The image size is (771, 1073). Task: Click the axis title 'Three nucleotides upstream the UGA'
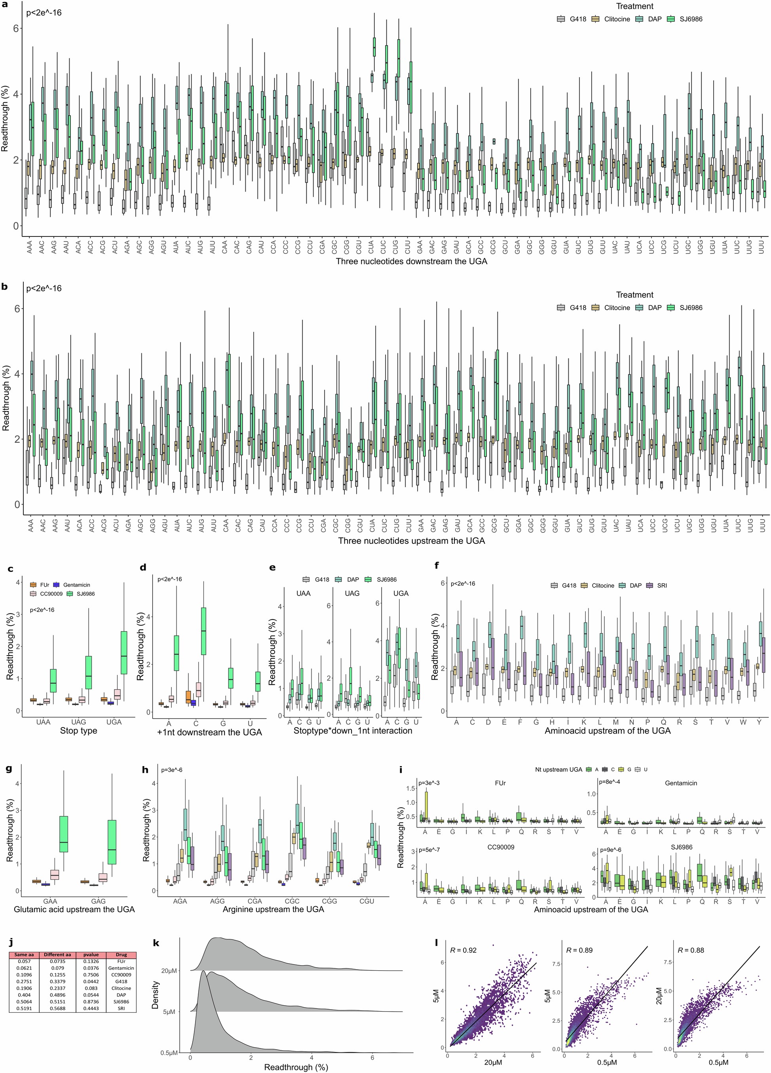pyautogui.click(x=411, y=540)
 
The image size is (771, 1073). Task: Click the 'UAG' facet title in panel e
pyautogui.click(x=352, y=593)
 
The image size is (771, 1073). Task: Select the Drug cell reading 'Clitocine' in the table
pyautogui.click(x=121, y=988)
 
